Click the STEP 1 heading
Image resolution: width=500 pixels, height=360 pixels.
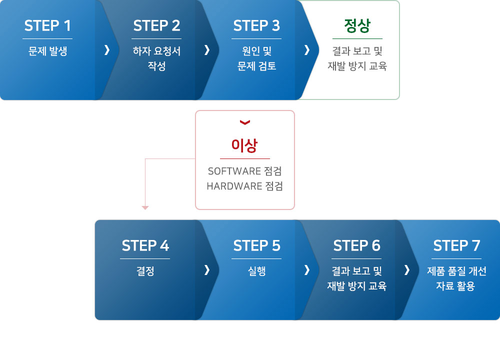pos(47,25)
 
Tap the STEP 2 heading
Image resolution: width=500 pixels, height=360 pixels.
pos(156,25)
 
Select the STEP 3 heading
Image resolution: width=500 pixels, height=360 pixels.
pos(256,25)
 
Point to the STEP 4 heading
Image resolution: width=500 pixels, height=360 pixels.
pos(145,245)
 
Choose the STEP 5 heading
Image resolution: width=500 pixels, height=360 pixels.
pos(256,245)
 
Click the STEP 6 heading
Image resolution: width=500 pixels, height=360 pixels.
pos(356,245)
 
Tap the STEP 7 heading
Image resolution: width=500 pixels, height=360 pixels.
pos(456,245)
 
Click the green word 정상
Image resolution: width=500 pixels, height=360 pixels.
pos(357,25)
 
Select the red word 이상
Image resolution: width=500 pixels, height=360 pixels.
pos(244,145)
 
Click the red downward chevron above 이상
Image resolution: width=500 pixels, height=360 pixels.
pos(245,122)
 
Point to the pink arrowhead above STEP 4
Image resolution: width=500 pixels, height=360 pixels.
pos(145,208)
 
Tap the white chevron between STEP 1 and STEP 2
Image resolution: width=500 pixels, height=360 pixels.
pos(107,49)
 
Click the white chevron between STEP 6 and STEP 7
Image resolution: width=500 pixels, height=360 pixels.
pos(407,270)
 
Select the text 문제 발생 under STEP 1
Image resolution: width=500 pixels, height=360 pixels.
pos(47,51)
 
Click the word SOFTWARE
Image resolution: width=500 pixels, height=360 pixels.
pos(234,171)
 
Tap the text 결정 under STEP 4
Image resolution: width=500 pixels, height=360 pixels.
pos(145,271)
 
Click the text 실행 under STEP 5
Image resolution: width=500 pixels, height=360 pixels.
pos(256,271)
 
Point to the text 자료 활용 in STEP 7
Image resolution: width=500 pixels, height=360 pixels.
pos(455,286)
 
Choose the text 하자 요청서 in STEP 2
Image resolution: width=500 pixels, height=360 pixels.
pos(156,51)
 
